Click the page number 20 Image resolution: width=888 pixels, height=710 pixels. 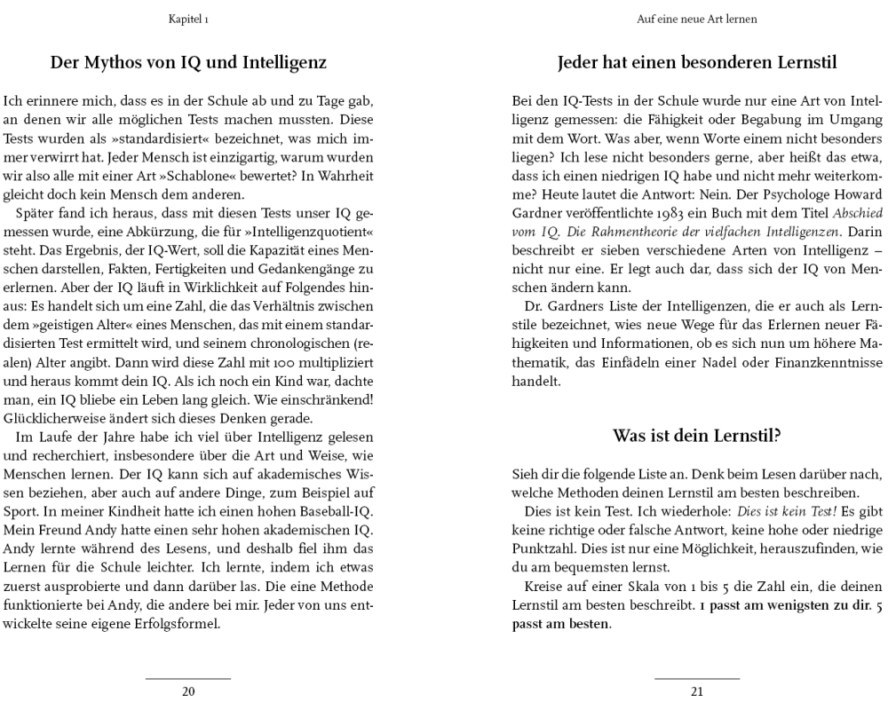click(188, 691)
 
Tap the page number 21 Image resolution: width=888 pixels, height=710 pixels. click(697, 691)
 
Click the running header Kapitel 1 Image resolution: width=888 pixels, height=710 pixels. click(188, 19)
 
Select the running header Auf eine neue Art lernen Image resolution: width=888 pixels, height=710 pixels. click(697, 19)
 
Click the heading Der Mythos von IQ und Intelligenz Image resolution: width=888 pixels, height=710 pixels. click(188, 63)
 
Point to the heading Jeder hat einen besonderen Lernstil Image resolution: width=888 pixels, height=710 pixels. click(697, 63)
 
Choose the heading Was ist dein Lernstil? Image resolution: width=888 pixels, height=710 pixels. click(697, 436)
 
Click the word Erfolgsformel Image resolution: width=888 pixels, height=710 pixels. click(177, 622)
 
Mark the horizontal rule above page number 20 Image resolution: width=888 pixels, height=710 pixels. click(188, 679)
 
